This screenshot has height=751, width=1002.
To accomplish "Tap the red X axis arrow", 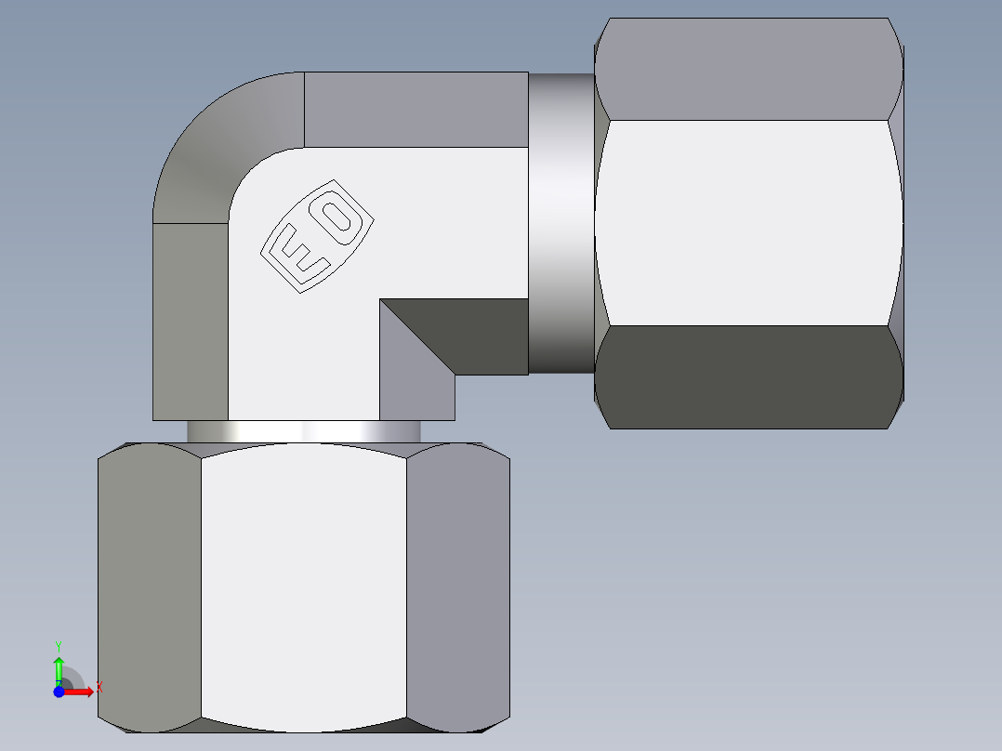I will [x=81, y=692].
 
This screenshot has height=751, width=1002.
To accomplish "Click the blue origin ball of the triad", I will [x=59, y=692].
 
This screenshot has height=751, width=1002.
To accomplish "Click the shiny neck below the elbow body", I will [x=303, y=432].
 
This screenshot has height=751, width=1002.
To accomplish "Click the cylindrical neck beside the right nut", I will [x=560, y=223].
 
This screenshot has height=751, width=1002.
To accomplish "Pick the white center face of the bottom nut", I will [x=303, y=586].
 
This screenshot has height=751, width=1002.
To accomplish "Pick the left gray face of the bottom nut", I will [x=149, y=586].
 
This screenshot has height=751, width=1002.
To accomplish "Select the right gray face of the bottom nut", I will [x=457, y=586].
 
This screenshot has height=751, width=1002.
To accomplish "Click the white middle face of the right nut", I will [x=748, y=223].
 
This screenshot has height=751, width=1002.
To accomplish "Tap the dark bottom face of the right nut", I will [x=748, y=376].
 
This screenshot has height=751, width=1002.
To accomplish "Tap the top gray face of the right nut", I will [x=748, y=70].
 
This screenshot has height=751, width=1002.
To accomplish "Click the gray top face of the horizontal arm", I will [x=415, y=109].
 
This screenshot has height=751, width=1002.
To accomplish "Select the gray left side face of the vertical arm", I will [x=190, y=321].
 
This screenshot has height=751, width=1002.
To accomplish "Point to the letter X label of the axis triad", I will [x=99, y=687].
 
